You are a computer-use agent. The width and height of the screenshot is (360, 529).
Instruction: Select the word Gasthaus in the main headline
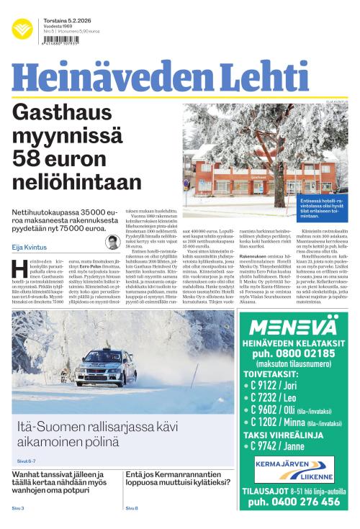point(67,113)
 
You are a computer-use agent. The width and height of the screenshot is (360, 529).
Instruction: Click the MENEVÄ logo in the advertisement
point(293,325)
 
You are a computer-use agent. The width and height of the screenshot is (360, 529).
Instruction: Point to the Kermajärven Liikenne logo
point(293,469)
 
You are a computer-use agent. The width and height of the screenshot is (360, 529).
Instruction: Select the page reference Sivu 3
point(18,508)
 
